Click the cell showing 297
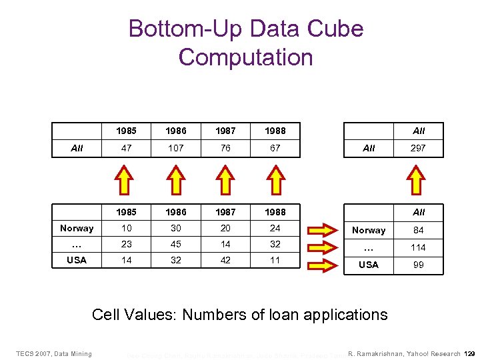[418, 148]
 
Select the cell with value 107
[176, 148]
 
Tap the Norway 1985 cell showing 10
[127, 228]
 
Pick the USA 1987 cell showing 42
[225, 260]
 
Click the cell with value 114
[418, 247]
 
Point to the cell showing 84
[418, 230]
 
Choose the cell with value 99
[418, 265]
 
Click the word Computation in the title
[245, 57]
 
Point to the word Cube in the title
[337, 29]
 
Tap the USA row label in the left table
[77, 260]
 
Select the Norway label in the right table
[369, 230]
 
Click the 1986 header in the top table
[176, 131]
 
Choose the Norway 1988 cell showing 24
[275, 228]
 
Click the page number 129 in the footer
[469, 353]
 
